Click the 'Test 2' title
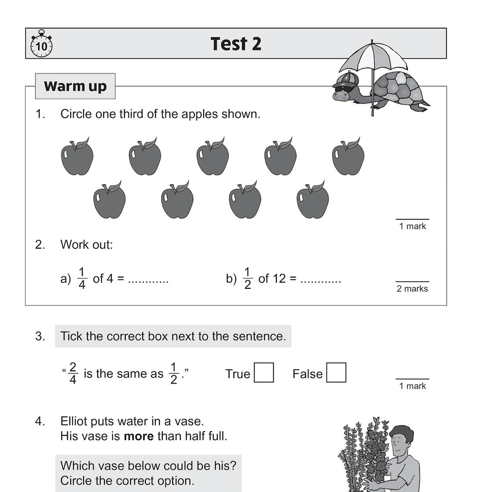(x=236, y=44)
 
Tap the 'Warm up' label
(x=75, y=86)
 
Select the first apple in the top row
(x=77, y=157)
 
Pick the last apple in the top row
(x=348, y=157)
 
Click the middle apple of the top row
(x=212, y=157)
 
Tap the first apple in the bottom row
(x=109, y=200)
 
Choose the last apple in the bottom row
(x=312, y=200)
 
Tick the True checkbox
(x=264, y=373)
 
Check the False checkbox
(x=336, y=373)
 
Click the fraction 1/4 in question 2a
(x=82, y=278)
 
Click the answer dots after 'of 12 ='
(x=321, y=281)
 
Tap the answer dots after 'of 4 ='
(x=148, y=281)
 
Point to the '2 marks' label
(x=412, y=289)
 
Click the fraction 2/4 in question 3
(x=73, y=374)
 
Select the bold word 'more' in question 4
(x=139, y=436)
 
